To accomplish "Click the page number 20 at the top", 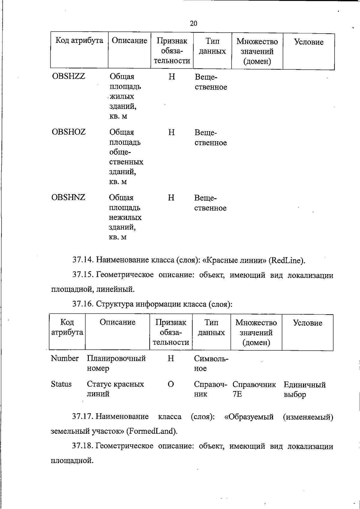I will point(193,23).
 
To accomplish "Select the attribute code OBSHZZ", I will point(68,76).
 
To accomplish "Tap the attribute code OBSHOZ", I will point(69,132).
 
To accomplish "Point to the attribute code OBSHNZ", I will point(68,197).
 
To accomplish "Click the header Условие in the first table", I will point(308,42).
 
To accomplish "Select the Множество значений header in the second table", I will point(256,332).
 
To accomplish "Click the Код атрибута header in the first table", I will point(79,41).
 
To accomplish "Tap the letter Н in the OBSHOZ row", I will point(171,132).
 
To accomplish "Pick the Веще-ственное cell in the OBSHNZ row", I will point(210,203).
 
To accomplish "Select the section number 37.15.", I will point(83,275).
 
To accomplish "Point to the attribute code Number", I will point(64,358).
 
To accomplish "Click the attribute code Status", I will point(61,384).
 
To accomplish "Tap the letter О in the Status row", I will point(170,384).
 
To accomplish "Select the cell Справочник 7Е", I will point(254,389).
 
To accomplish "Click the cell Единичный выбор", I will point(304,389).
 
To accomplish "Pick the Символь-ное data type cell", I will point(211,363).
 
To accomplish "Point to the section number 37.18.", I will point(83,446).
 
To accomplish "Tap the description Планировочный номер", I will point(116,363).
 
